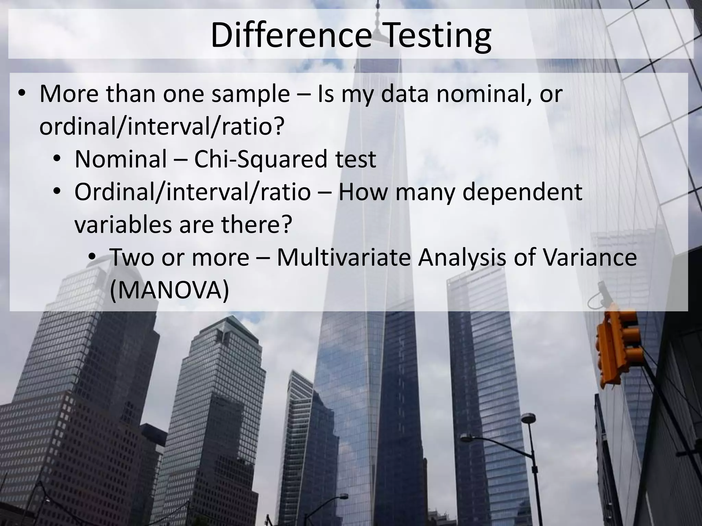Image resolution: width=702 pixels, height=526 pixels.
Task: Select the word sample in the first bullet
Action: (x=250, y=94)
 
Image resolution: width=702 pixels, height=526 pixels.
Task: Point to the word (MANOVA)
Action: (x=169, y=290)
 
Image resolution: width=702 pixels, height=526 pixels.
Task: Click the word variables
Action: (x=123, y=225)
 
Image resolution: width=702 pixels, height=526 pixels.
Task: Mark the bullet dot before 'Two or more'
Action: (x=92, y=258)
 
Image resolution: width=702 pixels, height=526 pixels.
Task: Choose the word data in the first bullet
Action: (x=404, y=94)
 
